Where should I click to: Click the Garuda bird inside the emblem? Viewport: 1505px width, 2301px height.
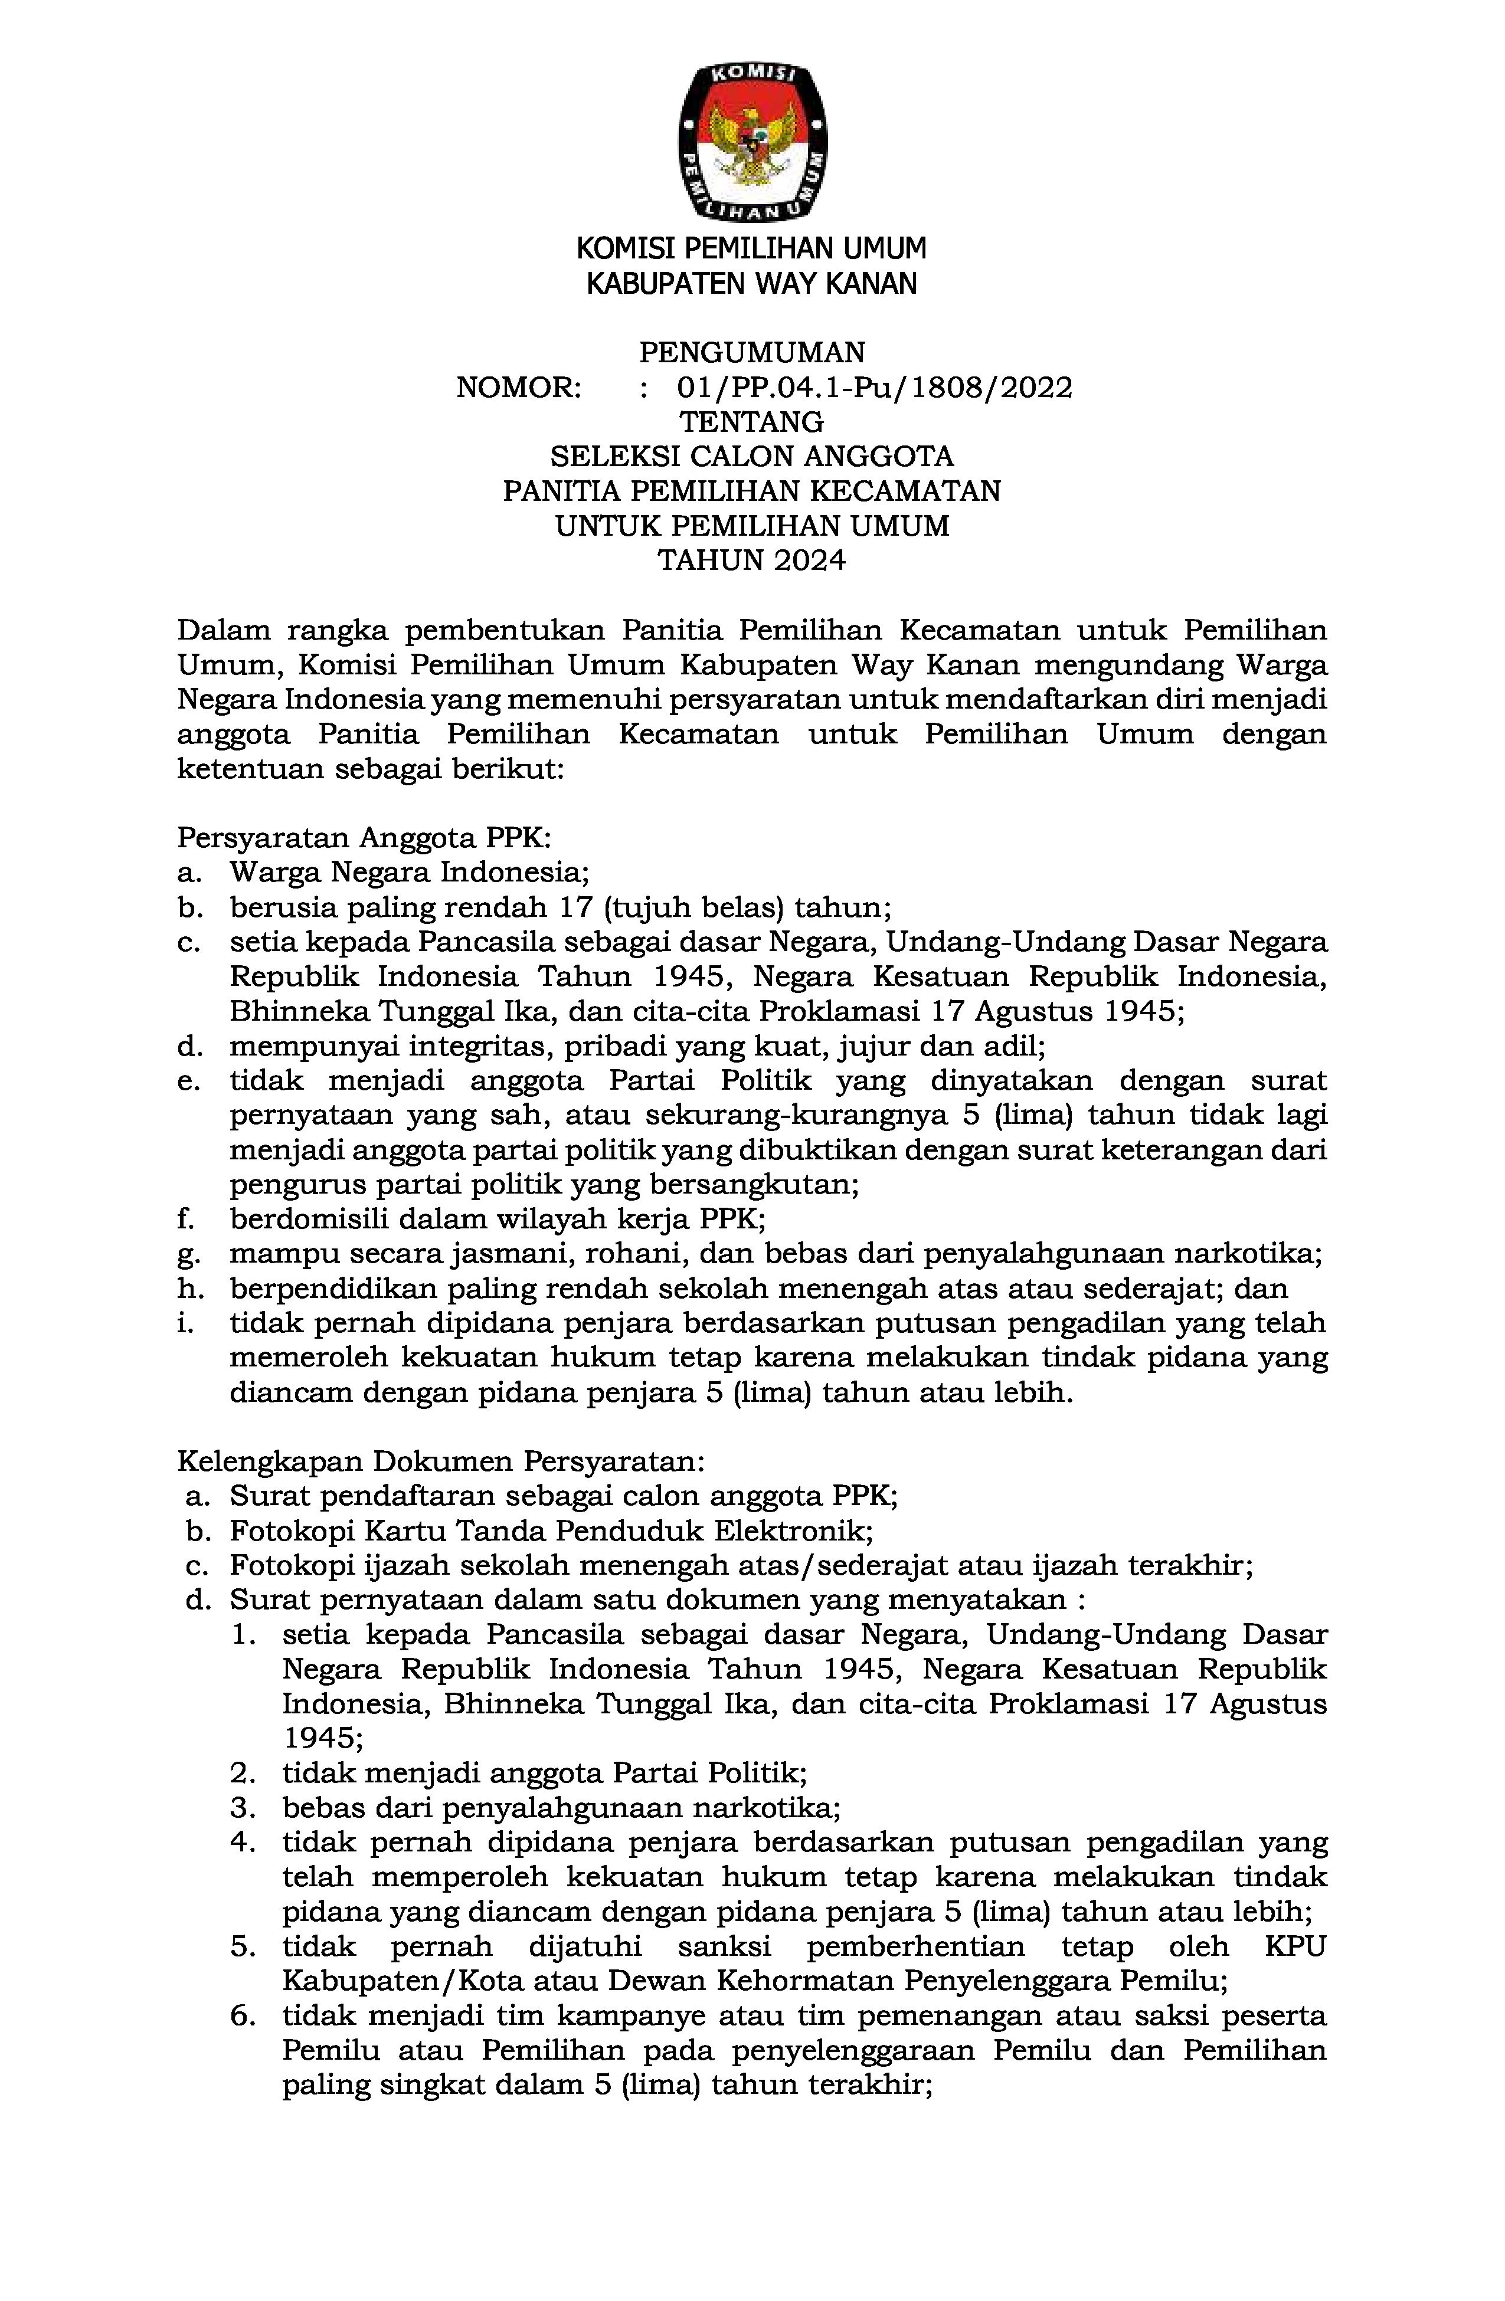[751, 140]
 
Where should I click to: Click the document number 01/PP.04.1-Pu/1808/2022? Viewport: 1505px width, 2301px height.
[874, 388]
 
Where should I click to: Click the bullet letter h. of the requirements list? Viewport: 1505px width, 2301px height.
[187, 1288]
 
